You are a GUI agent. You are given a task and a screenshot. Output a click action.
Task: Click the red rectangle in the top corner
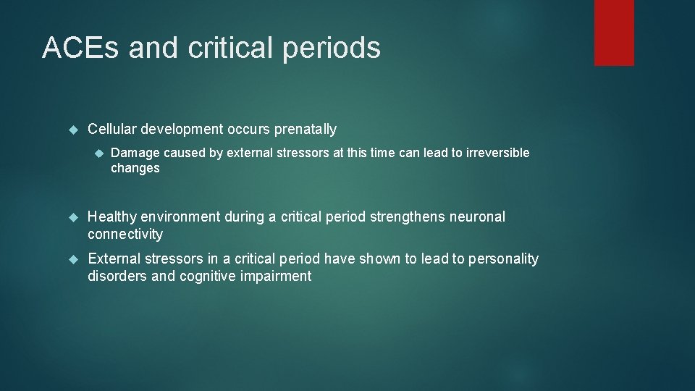click(x=614, y=32)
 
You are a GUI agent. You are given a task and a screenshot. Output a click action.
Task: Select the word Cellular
click(x=112, y=130)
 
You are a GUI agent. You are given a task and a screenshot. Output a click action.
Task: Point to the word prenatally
click(x=305, y=130)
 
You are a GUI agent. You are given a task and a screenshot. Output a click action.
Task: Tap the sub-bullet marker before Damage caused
click(x=100, y=153)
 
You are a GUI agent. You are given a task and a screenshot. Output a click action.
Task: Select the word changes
click(x=135, y=168)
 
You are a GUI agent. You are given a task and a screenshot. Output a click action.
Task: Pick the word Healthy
click(x=111, y=216)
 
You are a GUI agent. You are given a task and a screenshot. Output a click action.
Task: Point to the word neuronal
click(x=478, y=216)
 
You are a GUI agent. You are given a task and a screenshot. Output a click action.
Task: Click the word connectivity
click(x=125, y=234)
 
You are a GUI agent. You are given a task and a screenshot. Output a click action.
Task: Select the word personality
click(x=505, y=259)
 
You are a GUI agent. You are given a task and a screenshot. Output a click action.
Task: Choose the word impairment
click(x=278, y=276)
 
